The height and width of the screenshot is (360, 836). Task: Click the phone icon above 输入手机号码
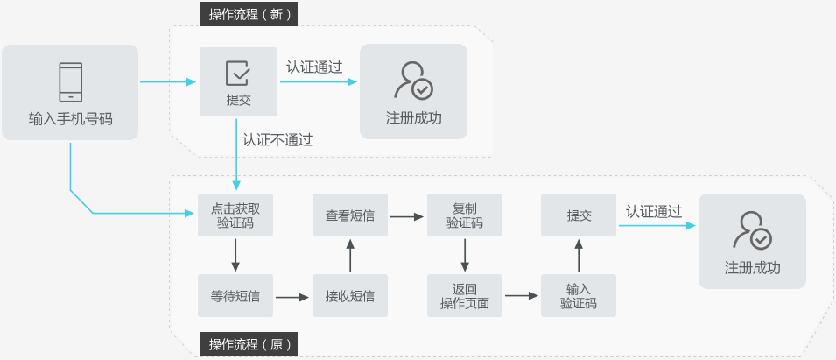point(70,82)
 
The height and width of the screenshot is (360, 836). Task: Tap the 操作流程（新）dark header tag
point(249,14)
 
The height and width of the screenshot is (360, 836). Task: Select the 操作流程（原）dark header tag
point(249,343)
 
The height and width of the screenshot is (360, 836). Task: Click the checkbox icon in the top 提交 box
point(238,73)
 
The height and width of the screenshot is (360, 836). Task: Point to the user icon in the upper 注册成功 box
point(413,80)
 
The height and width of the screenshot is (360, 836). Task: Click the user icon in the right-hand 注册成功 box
point(752,229)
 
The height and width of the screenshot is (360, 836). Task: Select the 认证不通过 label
point(277,139)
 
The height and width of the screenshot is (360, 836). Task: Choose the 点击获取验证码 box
point(235,215)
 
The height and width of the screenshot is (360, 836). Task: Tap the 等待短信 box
point(235,296)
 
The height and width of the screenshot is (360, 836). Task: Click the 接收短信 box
point(350,296)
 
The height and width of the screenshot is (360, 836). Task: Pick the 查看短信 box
point(350,215)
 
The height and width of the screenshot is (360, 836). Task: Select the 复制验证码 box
point(465,215)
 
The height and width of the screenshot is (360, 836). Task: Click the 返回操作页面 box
point(465,296)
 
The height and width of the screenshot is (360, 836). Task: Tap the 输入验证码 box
point(579,296)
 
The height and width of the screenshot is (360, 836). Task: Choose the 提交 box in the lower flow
point(579,215)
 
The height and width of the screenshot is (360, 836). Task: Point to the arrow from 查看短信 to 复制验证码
point(407,215)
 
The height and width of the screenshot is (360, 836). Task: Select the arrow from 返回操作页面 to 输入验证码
point(522,296)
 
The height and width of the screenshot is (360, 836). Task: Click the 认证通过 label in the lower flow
point(654,211)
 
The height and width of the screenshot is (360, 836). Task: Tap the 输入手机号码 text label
point(70,118)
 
